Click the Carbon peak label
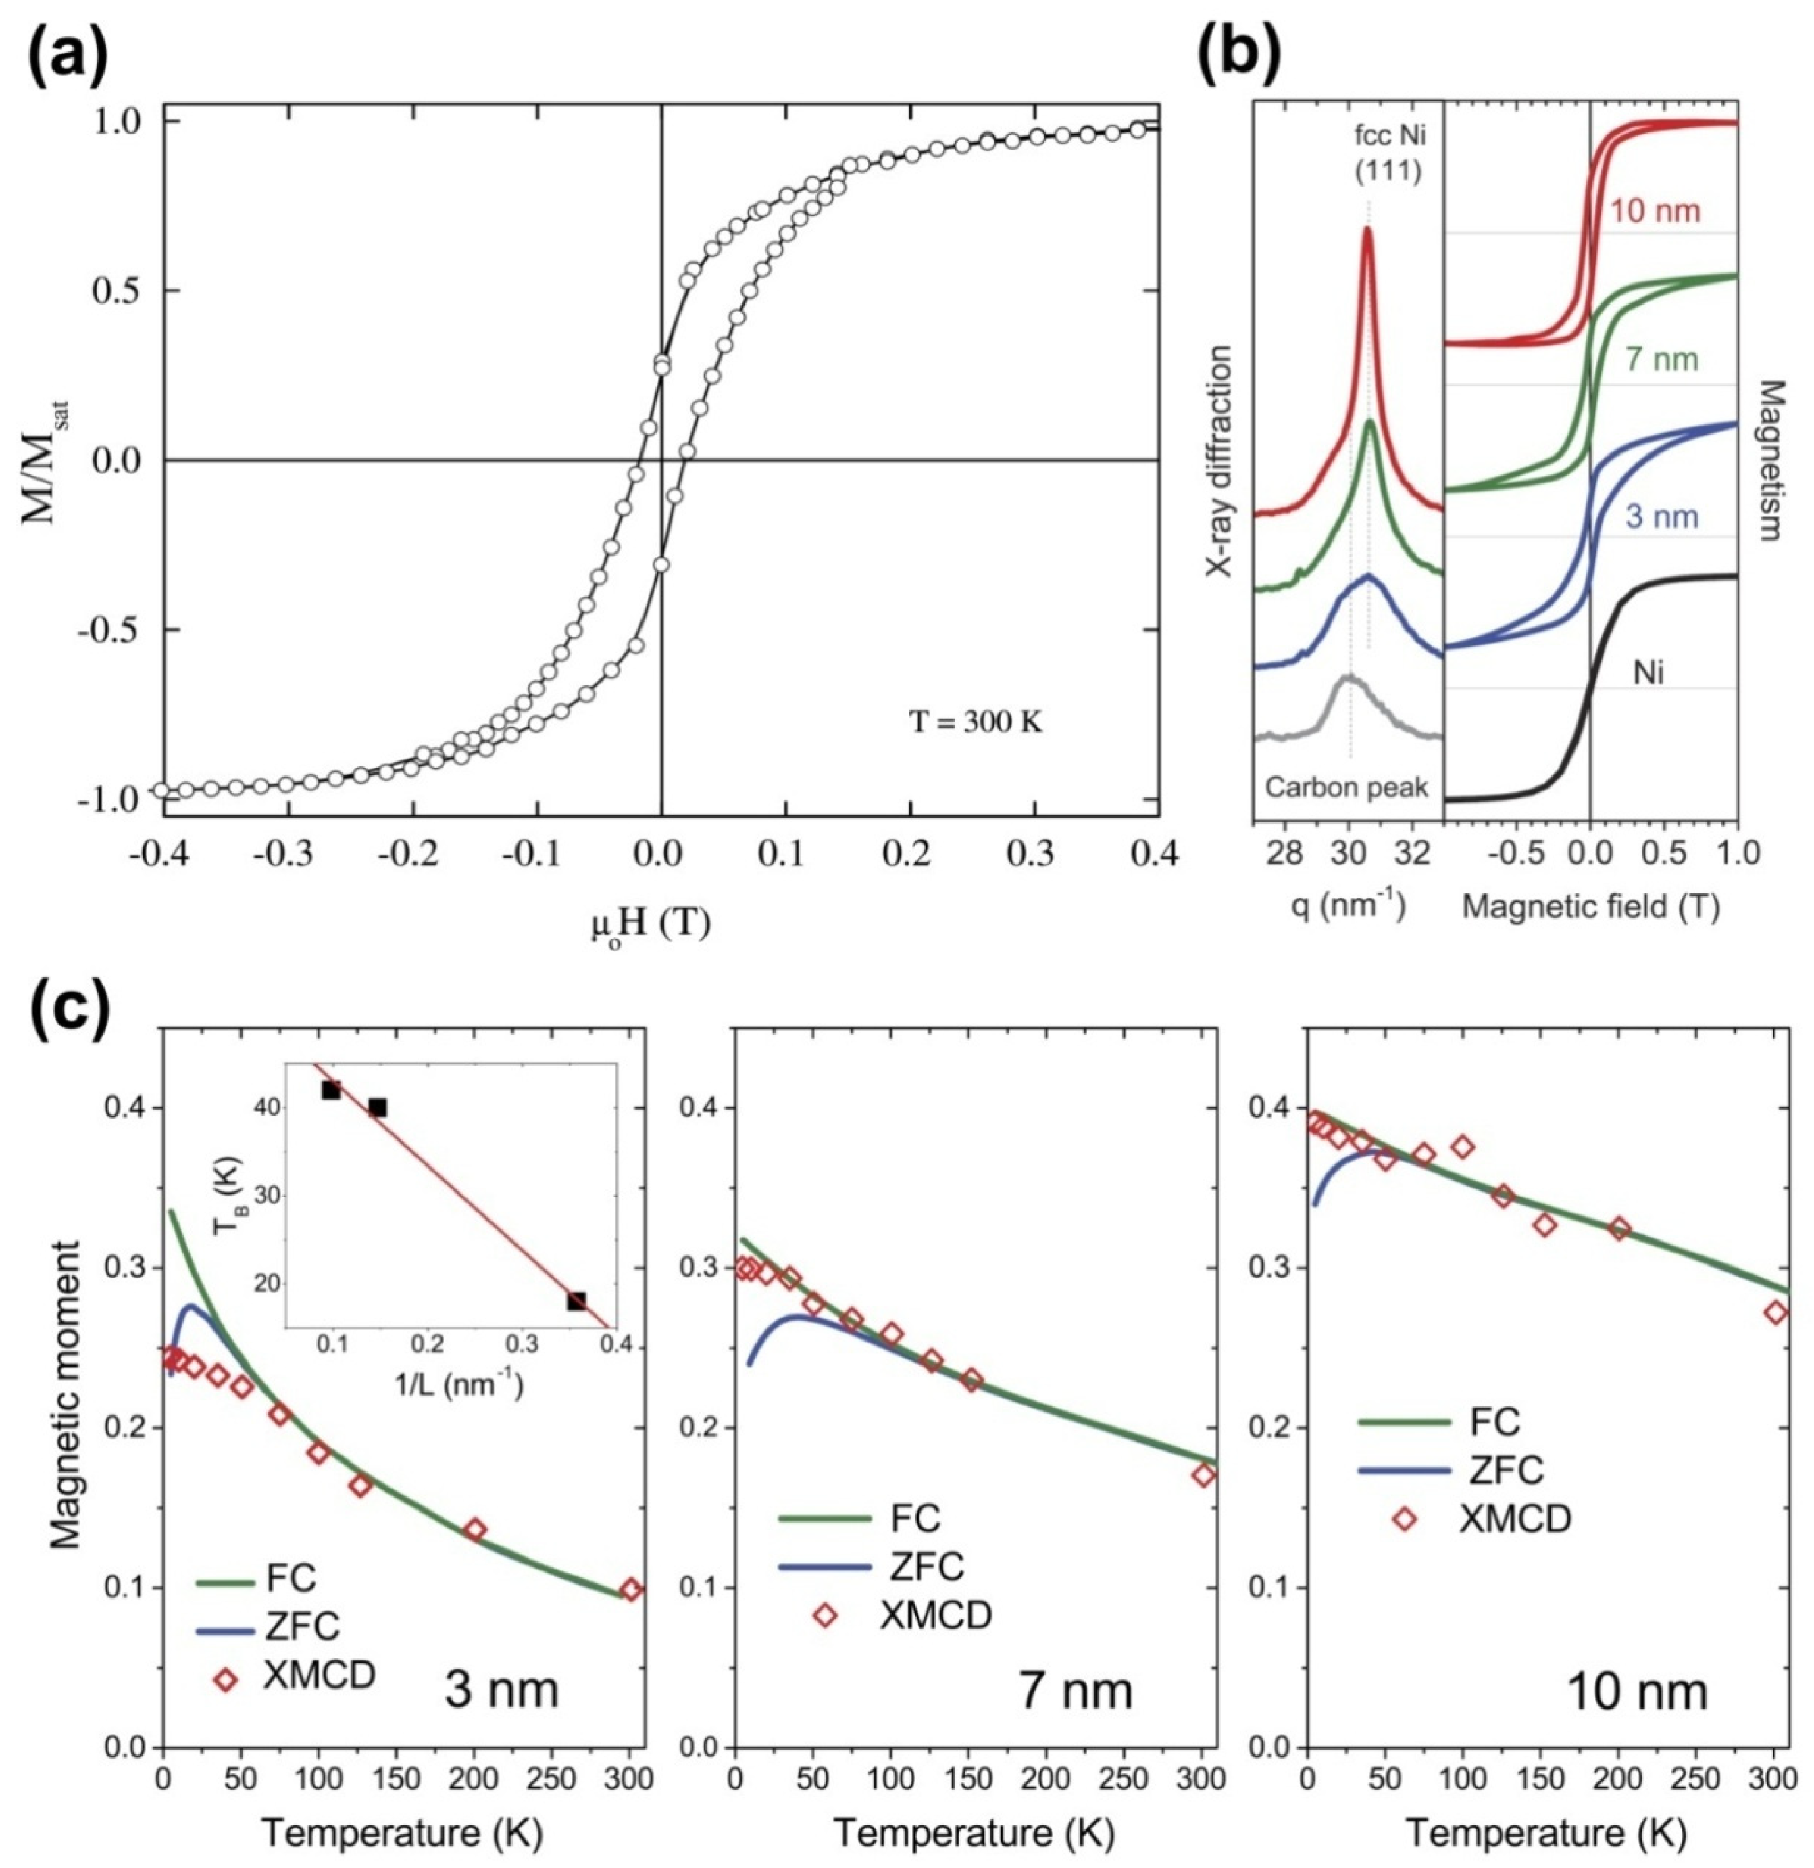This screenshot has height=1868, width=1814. pyautogui.click(x=1346, y=787)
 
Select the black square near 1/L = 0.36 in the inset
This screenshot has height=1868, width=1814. pyautogui.click(x=576, y=1301)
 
